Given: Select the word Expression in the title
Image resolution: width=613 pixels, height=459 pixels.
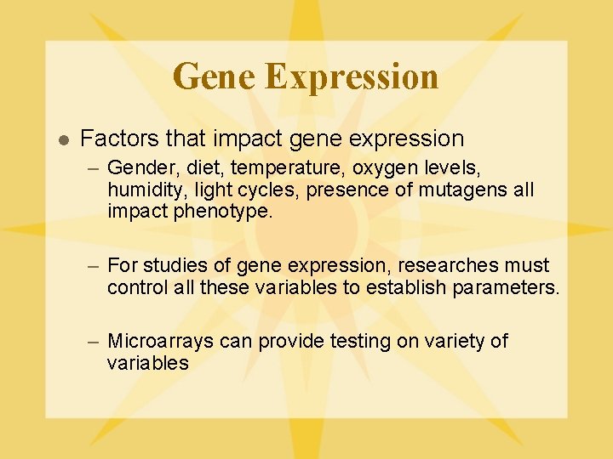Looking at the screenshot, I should click(x=352, y=76).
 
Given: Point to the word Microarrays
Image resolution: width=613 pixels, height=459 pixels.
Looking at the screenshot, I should click(x=161, y=342).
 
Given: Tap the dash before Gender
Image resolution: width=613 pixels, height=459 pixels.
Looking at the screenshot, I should click(x=95, y=167).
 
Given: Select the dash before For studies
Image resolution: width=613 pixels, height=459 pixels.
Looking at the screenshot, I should click(x=95, y=266).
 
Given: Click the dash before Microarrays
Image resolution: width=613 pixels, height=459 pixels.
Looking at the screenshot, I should click(x=95, y=342).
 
